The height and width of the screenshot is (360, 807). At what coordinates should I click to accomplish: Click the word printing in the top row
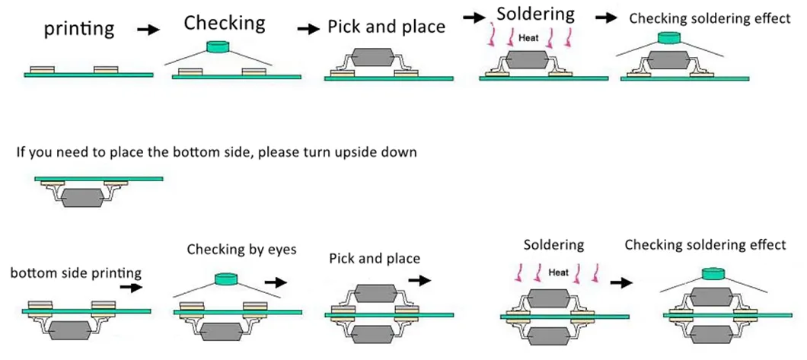click(x=79, y=30)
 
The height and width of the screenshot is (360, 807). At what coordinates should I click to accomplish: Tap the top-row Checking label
click(x=225, y=23)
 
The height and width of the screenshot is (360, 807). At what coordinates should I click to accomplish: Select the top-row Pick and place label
click(x=386, y=27)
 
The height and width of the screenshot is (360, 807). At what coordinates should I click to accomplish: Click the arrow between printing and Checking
click(x=149, y=30)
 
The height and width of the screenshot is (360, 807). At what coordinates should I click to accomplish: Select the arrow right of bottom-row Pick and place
click(x=419, y=280)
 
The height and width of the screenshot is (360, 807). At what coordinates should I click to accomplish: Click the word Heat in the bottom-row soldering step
click(x=560, y=271)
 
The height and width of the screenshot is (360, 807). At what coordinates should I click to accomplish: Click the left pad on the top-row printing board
click(x=42, y=70)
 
